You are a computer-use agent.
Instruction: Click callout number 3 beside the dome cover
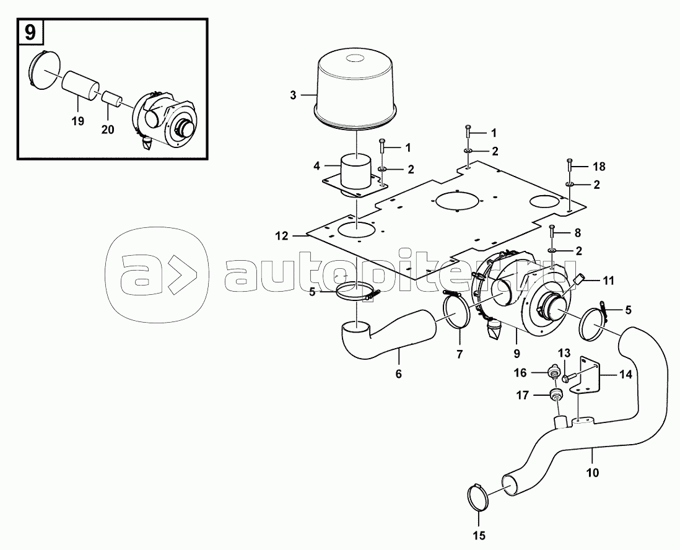[293, 95]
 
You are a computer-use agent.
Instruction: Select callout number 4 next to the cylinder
[316, 167]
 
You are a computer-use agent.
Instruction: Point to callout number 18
[598, 167]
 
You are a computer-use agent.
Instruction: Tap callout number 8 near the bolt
[577, 234]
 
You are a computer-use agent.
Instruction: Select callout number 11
[608, 281]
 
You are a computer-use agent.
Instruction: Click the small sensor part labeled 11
[581, 280]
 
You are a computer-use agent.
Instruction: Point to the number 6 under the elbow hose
[398, 373]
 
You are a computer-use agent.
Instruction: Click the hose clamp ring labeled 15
[476, 498]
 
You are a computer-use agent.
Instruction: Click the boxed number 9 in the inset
[29, 32]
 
